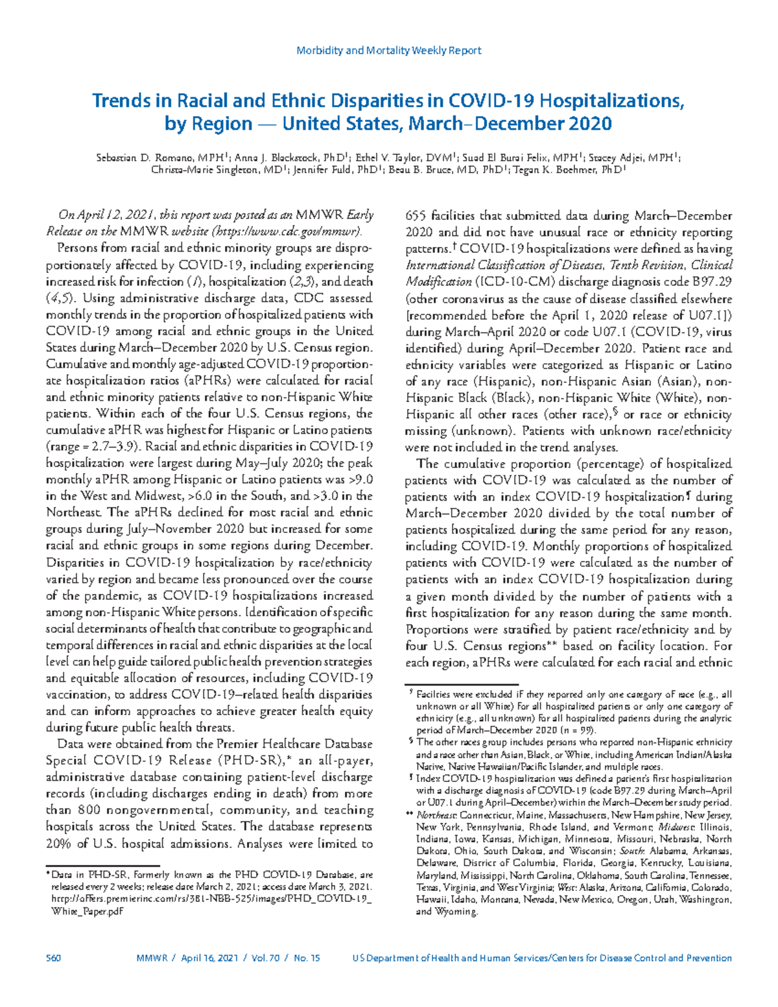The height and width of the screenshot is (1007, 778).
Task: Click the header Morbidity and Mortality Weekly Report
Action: tap(388, 51)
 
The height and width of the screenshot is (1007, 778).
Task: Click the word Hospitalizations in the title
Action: tap(611, 101)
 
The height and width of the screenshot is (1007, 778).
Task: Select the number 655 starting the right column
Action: tap(416, 216)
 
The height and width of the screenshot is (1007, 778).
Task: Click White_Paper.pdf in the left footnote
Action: tap(87, 911)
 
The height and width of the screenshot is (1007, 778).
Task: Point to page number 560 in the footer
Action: tap(53, 958)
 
